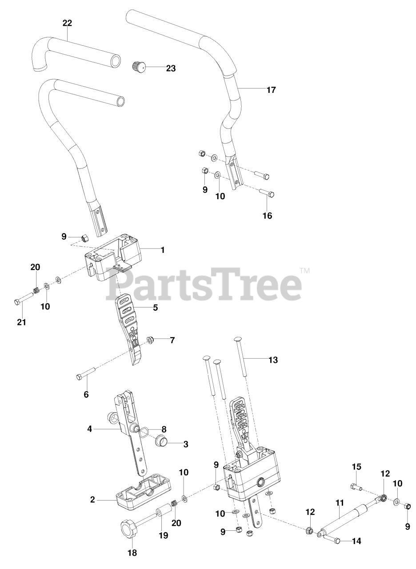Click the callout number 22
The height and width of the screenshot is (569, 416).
67,23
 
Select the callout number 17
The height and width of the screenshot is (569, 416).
271,90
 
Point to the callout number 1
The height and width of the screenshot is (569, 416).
163,250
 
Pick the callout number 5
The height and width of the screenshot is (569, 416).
155,307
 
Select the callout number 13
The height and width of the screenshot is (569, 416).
273,360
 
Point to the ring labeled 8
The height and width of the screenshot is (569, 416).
144,430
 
